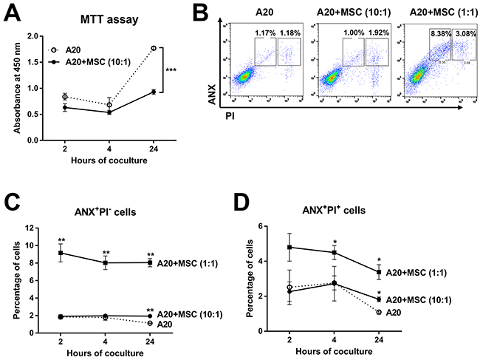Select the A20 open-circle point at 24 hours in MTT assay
153,49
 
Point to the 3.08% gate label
455,32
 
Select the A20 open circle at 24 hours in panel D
378,312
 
